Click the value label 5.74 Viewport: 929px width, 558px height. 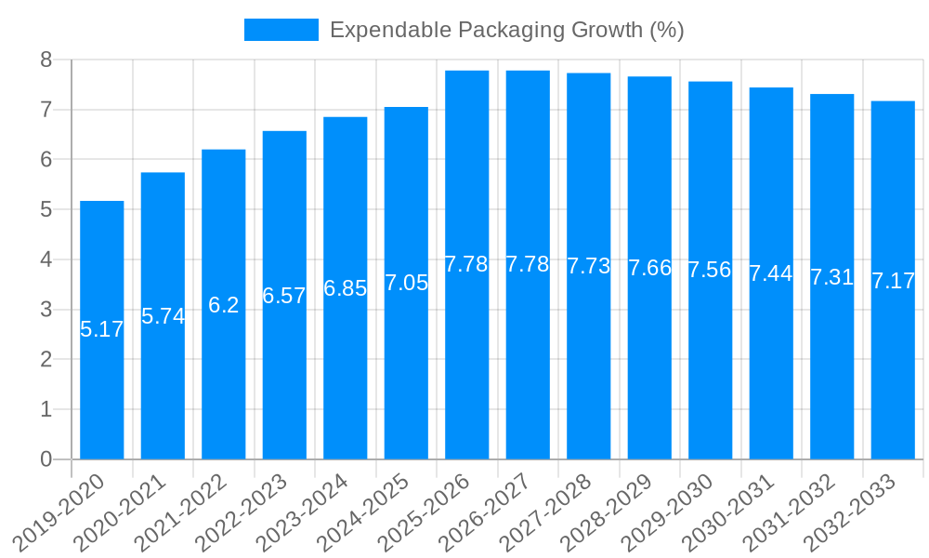[163, 316]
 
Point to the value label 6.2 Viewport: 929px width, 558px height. [224, 305]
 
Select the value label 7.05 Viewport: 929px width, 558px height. [406, 284]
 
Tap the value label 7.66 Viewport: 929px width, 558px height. [649, 269]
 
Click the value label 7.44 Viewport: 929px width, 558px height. [771, 273]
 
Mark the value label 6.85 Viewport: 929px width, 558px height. [346, 288]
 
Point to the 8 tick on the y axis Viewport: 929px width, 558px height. [46, 60]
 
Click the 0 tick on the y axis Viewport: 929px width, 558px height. [46, 459]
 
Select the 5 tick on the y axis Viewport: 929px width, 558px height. [46, 210]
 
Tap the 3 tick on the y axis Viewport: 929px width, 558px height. [46, 310]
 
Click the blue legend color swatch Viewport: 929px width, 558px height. [281, 30]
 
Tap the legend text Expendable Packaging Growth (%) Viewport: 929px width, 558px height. [506, 30]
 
